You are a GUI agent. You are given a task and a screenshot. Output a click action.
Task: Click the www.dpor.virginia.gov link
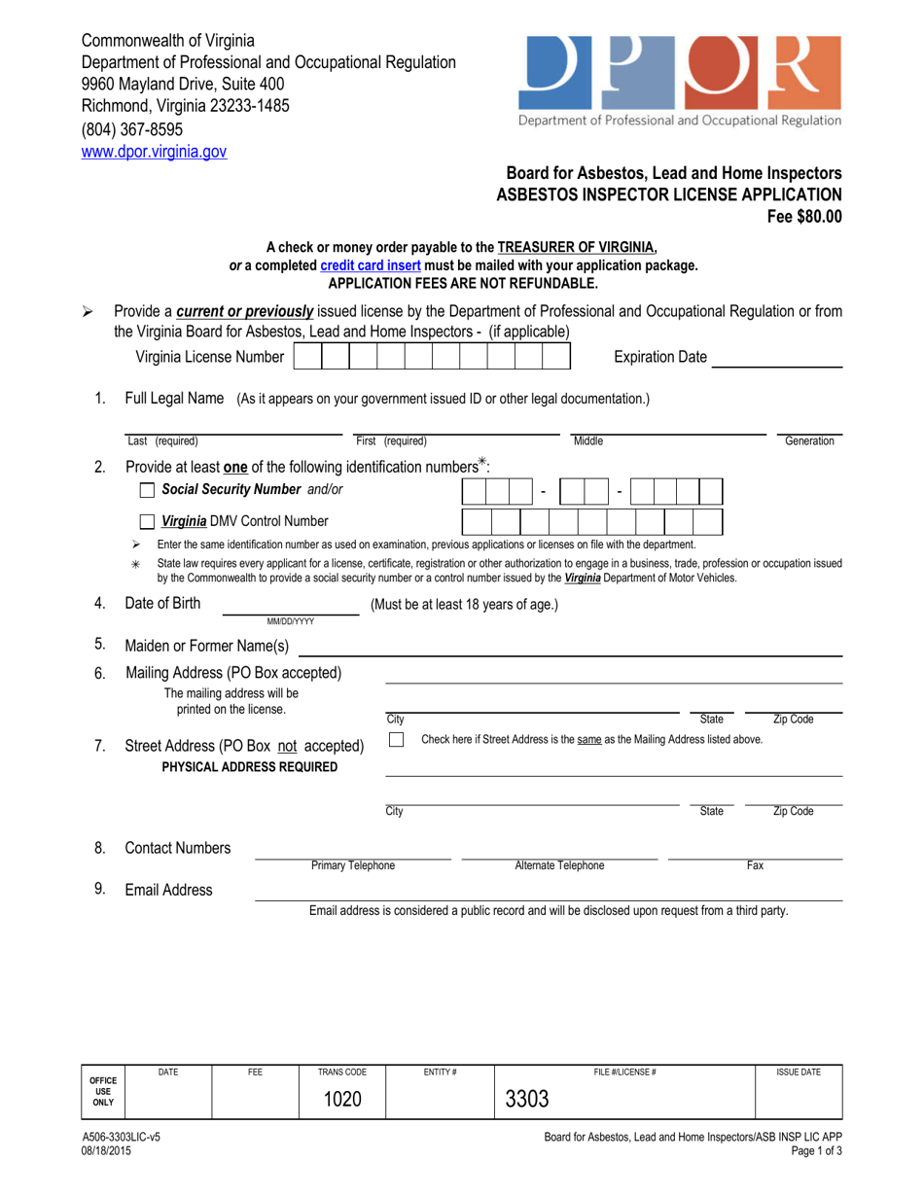[154, 152]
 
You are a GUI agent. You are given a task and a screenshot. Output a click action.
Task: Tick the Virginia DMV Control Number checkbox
[148, 521]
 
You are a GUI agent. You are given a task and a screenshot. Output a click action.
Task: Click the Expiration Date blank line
[777, 357]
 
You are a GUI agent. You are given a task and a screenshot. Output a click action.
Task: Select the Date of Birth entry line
[291, 604]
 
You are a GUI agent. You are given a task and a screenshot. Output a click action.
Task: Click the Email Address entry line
[548, 889]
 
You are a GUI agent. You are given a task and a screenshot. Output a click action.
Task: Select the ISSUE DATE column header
[798, 1072]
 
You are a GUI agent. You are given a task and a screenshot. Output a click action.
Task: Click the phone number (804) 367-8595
[131, 128]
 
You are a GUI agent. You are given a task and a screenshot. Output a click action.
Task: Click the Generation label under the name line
[809, 441]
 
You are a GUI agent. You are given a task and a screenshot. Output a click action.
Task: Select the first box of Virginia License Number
[306, 357]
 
